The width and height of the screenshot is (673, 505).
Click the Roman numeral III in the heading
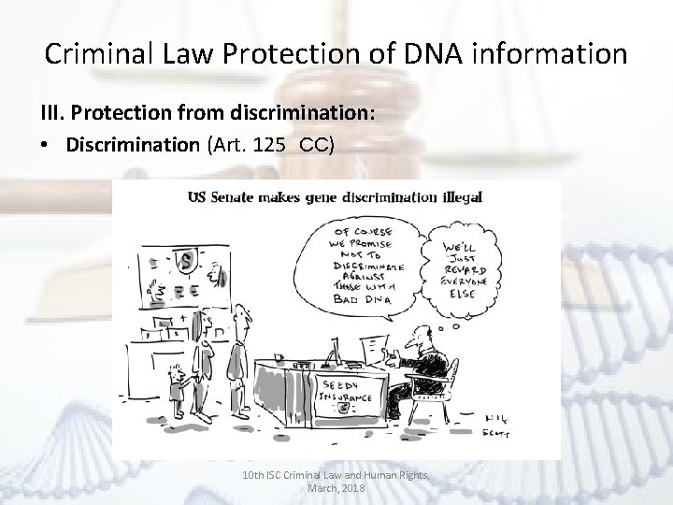point(51,113)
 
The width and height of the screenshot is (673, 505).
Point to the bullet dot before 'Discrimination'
point(47,148)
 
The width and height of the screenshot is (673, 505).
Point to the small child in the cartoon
point(177,378)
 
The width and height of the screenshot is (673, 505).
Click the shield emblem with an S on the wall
point(188,255)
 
